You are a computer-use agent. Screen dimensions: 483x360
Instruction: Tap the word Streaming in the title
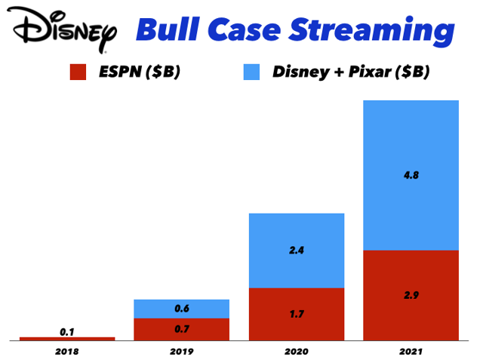372,32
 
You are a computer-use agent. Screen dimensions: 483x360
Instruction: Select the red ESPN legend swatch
78,72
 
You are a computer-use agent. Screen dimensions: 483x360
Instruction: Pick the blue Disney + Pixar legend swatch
251,72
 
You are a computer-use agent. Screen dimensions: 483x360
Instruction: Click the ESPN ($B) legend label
140,72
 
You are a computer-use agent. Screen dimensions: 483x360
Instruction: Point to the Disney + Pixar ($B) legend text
351,72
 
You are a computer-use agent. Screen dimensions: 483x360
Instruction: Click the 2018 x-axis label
67,352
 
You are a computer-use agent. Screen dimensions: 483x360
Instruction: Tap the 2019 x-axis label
182,352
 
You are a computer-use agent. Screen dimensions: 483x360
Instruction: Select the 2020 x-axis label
297,352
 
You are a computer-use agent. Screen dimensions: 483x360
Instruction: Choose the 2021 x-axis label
411,352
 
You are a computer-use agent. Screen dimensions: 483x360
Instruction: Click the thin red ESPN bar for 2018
67,339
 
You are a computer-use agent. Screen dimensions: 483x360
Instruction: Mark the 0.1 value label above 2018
67,332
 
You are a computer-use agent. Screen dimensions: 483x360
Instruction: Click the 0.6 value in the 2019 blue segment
182,308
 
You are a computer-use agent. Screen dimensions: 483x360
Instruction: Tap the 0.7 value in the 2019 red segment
182,329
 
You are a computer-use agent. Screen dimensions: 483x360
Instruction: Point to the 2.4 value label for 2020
297,250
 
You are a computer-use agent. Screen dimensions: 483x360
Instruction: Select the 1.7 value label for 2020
297,314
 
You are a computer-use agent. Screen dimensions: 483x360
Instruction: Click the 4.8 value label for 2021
411,175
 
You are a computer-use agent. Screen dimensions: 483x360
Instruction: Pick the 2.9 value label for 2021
411,295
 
